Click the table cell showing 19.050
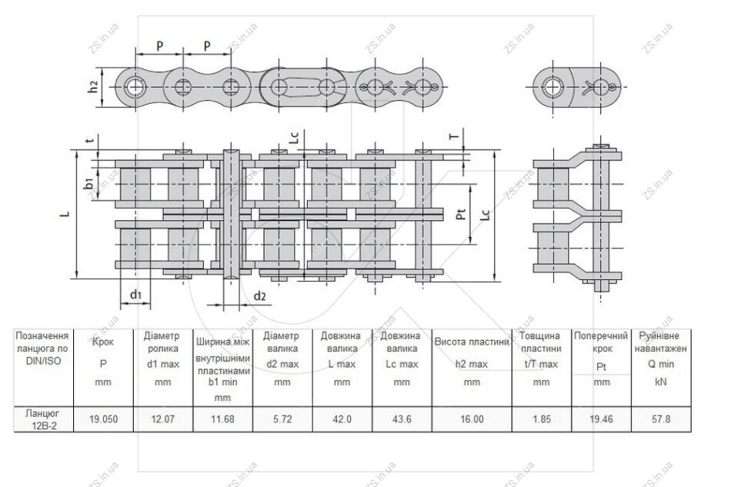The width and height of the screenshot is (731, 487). tap(103, 419)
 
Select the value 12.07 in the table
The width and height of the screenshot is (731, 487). tap(162, 419)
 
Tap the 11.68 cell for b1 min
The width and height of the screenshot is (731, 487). tap(222, 419)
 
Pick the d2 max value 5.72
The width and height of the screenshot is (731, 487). tap(282, 419)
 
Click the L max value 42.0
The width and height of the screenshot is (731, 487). tap(342, 419)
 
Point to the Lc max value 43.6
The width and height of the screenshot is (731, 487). tap(402, 419)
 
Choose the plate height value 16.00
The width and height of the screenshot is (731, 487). tap(472, 419)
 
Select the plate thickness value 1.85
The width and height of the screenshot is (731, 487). tap(541, 419)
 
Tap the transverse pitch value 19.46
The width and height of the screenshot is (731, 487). tap(601, 419)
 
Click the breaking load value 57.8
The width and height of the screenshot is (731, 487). tap(661, 419)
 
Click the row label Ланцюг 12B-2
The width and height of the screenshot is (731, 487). tap(43, 419)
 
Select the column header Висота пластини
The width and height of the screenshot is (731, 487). tap(472, 342)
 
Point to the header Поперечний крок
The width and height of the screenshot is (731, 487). tap(601, 342)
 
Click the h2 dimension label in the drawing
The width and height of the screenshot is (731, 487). tap(93, 86)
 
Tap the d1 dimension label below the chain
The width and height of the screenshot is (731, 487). tap(135, 295)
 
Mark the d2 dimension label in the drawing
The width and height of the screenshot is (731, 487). tap(259, 296)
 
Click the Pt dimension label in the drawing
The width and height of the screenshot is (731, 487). tap(461, 214)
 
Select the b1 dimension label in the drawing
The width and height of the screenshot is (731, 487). tap(88, 183)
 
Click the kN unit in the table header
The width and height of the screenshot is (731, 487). tap(661, 382)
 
